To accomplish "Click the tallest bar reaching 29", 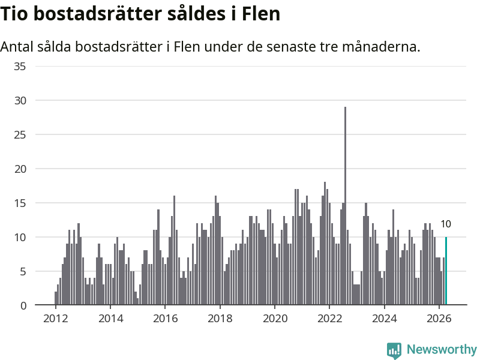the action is [346, 206].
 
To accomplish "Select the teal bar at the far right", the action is [446, 271].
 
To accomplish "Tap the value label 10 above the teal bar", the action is [446, 224].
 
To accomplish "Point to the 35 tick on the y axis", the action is [20, 67].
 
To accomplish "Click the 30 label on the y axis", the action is [20, 100].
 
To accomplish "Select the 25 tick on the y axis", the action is [20, 134].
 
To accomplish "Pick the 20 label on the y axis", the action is [20, 169].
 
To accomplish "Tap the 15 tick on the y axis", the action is [20, 203].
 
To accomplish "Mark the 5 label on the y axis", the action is [23, 271].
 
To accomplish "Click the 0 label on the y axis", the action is [23, 305].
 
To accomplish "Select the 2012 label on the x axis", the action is [55, 319].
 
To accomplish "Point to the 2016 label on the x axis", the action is [166, 319].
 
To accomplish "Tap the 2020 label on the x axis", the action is [275, 319].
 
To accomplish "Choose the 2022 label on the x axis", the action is [329, 319].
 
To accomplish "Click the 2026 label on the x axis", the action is [439, 319].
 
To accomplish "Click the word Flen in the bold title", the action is [261, 14].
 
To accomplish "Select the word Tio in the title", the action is [14, 14].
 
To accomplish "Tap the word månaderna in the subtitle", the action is [381, 47].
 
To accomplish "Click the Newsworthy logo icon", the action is [394, 350].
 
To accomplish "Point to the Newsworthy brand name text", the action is [442, 349].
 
